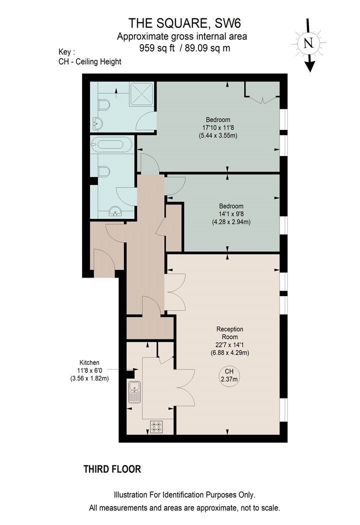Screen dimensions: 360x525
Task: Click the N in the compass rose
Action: coord(308,43)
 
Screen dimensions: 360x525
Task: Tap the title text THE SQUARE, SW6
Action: coord(184,23)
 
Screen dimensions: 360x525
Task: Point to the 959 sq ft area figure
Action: coord(157,48)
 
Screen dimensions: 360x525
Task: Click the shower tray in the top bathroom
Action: coord(141,94)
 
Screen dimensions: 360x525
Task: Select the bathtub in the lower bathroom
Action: coord(111,144)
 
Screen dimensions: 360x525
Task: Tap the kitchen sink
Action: coord(134,391)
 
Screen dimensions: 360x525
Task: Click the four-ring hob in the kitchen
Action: coord(156,426)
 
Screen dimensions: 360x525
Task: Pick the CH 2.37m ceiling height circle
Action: coord(229,375)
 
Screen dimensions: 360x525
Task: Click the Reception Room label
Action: coord(229,333)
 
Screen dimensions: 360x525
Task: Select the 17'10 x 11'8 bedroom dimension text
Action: coord(218,127)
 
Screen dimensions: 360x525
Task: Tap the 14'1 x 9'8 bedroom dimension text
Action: coord(231,214)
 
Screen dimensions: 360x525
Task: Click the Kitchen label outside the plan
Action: coord(89,362)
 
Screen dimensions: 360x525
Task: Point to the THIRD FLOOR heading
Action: coord(112,469)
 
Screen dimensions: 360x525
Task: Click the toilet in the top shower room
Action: coord(104,105)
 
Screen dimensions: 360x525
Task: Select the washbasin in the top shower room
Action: coord(97,124)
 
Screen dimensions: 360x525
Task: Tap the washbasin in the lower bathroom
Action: coord(115,211)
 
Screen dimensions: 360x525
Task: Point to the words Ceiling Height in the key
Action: coord(98,62)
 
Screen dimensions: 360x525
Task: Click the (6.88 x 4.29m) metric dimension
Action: coord(229,352)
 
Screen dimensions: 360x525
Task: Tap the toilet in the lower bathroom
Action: coord(104,172)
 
